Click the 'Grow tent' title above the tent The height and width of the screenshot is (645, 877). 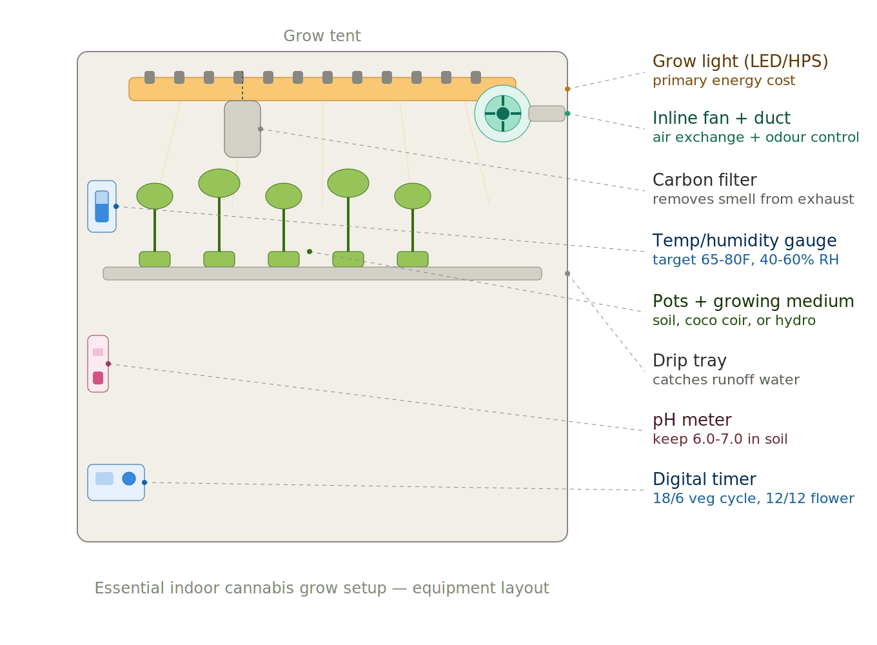(322, 36)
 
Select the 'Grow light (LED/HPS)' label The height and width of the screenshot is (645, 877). (740, 61)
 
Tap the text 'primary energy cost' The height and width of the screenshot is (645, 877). (723, 81)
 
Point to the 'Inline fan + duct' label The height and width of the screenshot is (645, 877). (721, 118)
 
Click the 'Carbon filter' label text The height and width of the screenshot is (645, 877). (704, 180)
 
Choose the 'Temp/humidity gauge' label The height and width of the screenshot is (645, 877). (744, 241)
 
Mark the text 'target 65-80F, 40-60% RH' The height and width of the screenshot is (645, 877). (745, 260)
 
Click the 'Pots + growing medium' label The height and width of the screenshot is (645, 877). (753, 301)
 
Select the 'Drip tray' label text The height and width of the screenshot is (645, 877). (689, 361)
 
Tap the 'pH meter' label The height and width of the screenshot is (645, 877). (691, 420)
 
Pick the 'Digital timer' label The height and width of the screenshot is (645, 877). (704, 479)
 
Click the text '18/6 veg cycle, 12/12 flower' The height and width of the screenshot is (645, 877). (753, 499)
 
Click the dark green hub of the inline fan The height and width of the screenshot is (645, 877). (503, 114)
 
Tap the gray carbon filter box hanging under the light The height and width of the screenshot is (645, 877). (242, 129)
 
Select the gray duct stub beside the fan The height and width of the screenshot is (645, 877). (547, 114)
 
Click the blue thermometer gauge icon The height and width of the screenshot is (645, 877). (102, 206)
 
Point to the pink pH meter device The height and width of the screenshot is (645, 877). (98, 364)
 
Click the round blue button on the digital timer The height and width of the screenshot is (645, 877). (129, 479)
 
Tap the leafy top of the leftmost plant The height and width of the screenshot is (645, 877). (155, 196)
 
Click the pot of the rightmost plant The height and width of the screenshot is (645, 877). (413, 259)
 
